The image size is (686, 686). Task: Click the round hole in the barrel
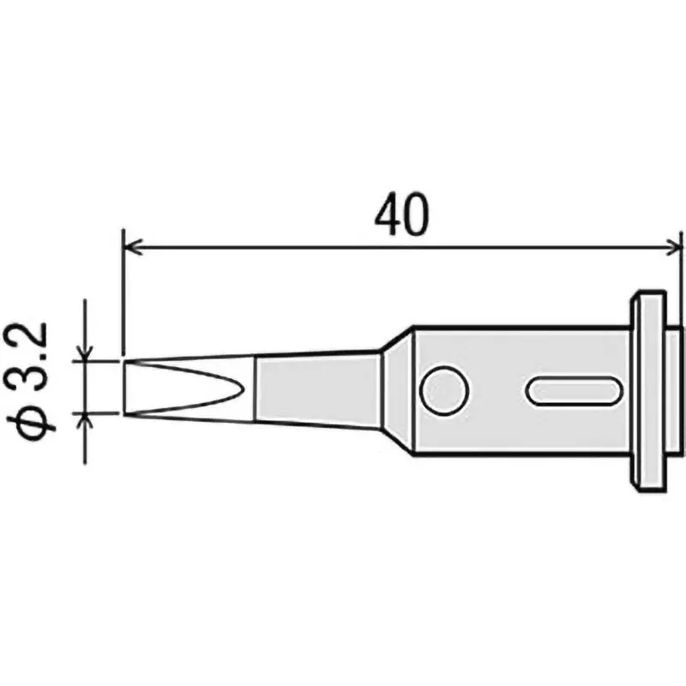point(444,391)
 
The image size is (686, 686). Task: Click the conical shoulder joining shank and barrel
point(396,389)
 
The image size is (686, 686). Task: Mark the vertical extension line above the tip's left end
point(124,292)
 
